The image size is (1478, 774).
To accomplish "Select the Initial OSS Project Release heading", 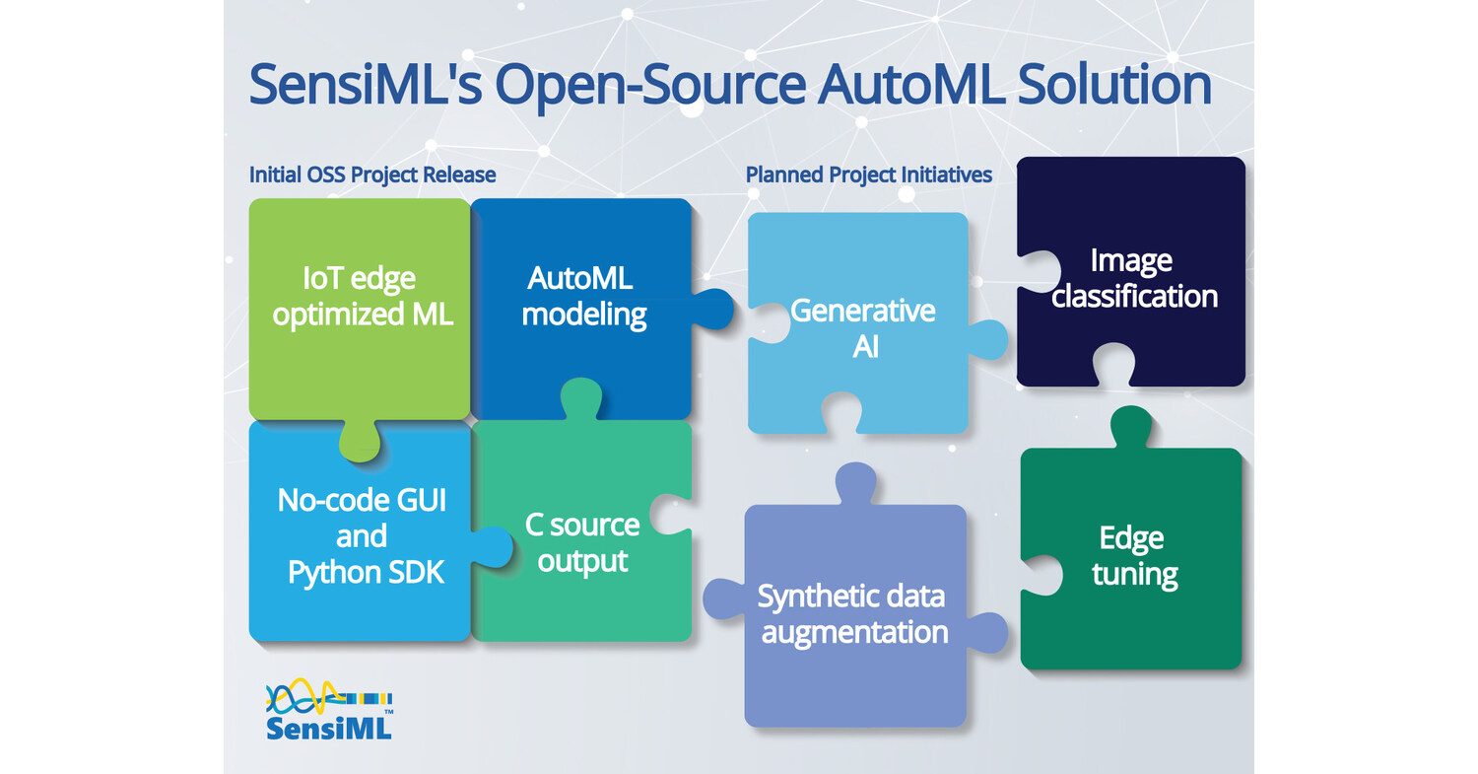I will point(371,175).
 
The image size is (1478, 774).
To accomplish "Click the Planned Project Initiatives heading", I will point(868,175).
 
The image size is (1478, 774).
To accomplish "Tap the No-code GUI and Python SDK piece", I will point(361,536).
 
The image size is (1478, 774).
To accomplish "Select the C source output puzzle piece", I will point(582,542).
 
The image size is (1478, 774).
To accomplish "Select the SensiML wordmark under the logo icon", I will point(329,729).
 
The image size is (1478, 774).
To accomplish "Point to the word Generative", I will point(863,311).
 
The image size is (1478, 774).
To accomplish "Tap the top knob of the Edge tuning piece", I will point(1130,427).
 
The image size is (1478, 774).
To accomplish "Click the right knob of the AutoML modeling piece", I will point(714,308).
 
